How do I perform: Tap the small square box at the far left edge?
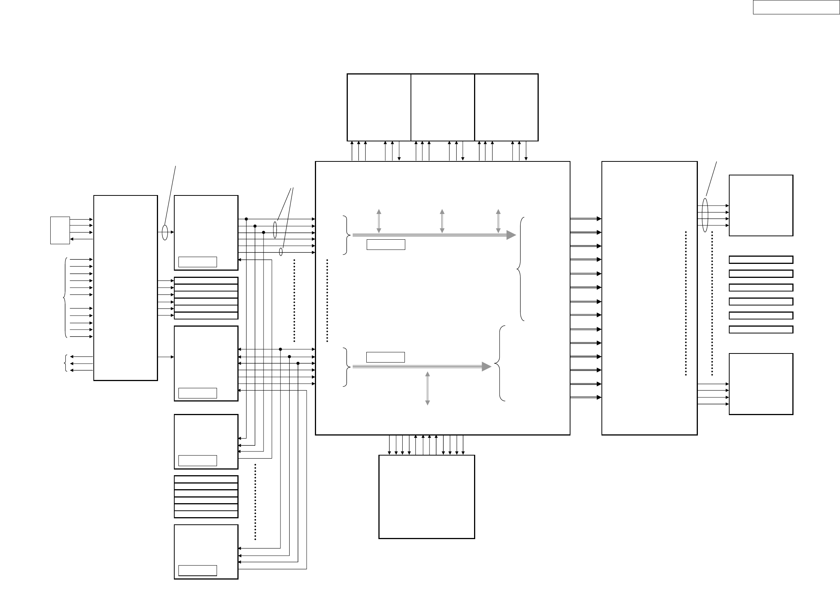tap(60, 230)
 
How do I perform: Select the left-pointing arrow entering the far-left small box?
tap(81, 239)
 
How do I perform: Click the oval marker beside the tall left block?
tap(164, 232)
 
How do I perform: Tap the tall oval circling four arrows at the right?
tap(705, 215)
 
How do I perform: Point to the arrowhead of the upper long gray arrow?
tap(511, 235)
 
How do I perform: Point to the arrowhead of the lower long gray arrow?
tap(487, 366)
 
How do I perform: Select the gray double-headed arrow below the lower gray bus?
tap(428, 388)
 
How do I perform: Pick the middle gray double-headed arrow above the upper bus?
tap(442, 221)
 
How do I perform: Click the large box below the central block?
tap(426, 496)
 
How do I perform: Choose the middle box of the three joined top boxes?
tap(442, 107)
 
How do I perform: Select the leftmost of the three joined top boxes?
tap(379, 107)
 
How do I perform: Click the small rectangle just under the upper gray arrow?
tap(386, 244)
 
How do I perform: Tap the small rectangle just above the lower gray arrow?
tap(386, 357)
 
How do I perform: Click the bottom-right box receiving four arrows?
tap(761, 384)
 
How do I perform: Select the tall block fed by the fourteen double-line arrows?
tap(649, 298)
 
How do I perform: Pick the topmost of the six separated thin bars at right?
tap(761, 260)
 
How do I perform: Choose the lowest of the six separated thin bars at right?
tap(761, 329)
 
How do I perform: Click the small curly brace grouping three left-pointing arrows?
tap(66, 363)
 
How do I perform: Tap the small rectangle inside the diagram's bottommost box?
tap(197, 581)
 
